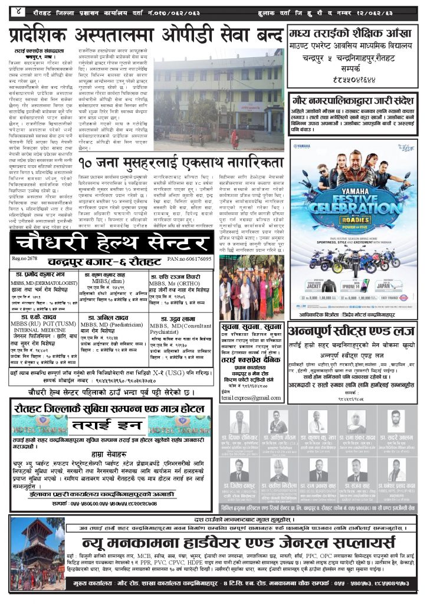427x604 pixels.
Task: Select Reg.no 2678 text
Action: [x=25, y=259]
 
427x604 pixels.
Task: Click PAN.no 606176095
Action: [x=188, y=259]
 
